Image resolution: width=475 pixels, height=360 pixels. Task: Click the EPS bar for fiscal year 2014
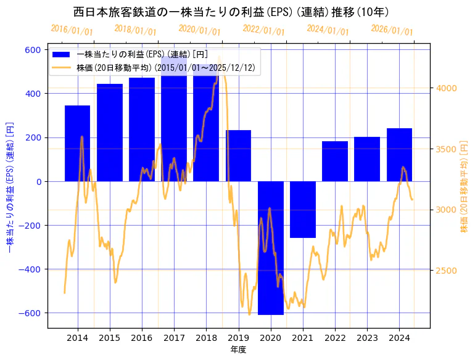[77, 143]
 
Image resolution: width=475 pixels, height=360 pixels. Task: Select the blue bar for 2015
[109, 133]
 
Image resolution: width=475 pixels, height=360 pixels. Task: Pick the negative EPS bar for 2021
[303, 210]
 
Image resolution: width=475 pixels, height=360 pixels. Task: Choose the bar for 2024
[399, 155]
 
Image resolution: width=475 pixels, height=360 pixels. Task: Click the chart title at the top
[231, 12]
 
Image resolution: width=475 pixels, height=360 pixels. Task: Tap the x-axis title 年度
[238, 350]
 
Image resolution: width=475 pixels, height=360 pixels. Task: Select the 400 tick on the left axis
[32, 94]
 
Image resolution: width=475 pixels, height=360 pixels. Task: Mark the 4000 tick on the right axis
[447, 88]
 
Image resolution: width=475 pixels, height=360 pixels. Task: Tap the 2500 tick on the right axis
[447, 271]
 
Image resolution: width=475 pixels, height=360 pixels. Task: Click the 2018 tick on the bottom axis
[206, 338]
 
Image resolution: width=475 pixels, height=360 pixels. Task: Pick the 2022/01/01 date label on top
[264, 30]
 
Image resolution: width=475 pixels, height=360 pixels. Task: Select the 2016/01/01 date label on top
[72, 30]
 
